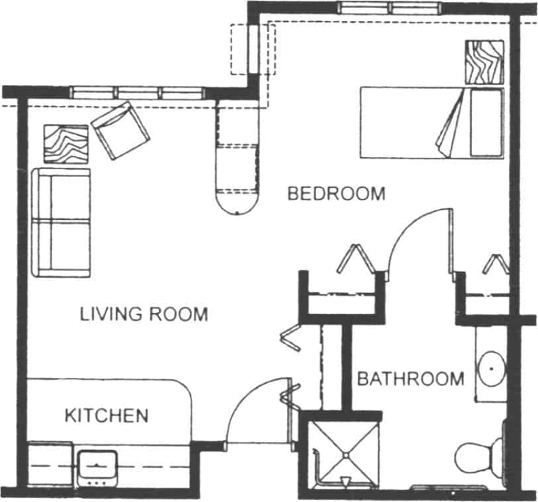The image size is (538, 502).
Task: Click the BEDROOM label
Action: [336, 193]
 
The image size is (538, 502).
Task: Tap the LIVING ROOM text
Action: [143, 314]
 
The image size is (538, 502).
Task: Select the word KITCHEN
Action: [107, 415]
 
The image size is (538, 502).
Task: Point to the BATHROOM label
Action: [410, 379]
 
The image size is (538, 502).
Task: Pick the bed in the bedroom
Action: [431, 123]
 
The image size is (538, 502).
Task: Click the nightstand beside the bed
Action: [484, 62]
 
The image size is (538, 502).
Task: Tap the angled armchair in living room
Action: [121, 130]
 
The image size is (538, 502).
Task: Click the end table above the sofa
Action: [65, 144]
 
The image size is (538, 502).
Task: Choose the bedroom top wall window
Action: [390, 8]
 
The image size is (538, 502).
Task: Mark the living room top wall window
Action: [137, 93]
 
